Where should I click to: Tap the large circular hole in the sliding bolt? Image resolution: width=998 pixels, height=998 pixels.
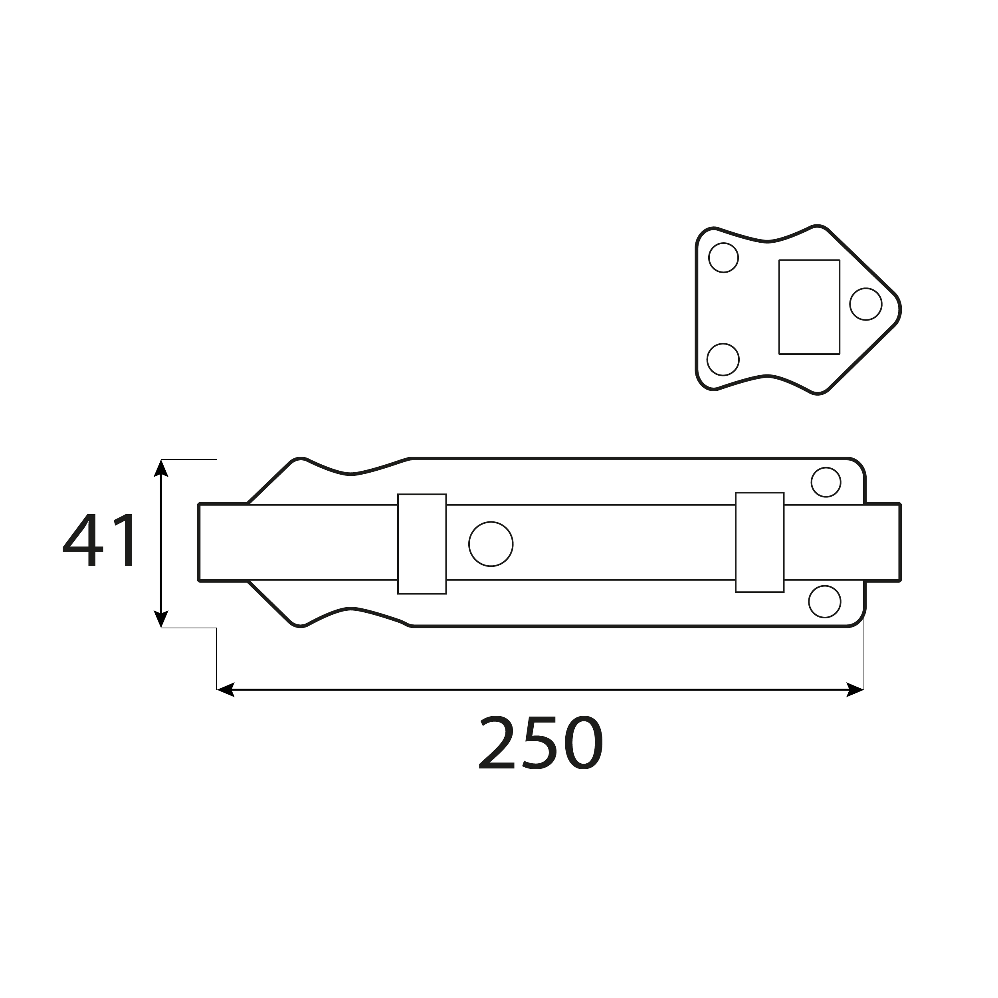click(x=491, y=544)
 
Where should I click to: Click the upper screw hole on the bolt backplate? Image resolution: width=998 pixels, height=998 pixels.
click(x=826, y=482)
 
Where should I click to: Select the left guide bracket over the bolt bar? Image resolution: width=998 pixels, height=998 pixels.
click(x=422, y=544)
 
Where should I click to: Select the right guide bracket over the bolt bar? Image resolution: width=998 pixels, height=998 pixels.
click(x=759, y=543)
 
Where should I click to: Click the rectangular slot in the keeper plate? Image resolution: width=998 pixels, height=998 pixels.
click(x=809, y=307)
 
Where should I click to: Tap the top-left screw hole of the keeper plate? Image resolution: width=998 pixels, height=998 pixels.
click(x=723, y=257)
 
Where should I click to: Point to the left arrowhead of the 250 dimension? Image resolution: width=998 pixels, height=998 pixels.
click(x=225, y=689)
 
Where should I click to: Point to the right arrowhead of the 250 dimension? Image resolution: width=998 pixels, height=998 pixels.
click(x=855, y=689)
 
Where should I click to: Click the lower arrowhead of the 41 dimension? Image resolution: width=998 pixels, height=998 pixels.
click(x=161, y=619)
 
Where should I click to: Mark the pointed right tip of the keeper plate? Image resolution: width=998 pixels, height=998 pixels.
click(x=899, y=310)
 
